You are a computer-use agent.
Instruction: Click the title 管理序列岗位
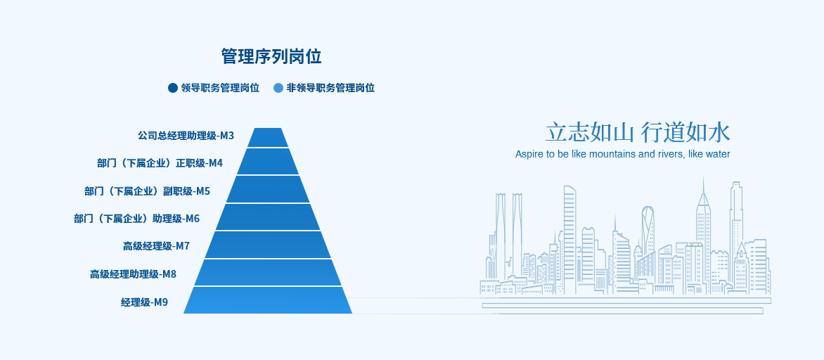coord(271,56)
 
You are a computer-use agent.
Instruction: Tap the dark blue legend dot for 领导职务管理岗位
coord(173,88)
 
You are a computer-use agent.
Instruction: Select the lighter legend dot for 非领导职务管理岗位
coord(278,88)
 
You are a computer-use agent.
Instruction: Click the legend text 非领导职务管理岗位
coord(330,88)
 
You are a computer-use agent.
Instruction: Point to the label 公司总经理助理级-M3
coord(186,136)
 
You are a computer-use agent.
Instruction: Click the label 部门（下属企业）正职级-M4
coord(160,163)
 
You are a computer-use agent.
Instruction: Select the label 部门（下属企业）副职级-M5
coord(147,191)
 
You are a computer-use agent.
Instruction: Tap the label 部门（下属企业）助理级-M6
coord(136,218)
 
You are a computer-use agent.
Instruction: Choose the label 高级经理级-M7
coord(157,246)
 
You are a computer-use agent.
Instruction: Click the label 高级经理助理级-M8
coord(133,274)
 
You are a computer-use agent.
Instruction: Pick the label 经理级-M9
coord(145,302)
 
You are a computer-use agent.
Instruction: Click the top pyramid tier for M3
coord(268,138)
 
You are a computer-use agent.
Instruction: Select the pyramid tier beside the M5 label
coord(268,189)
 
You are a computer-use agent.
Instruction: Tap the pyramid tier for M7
coord(268,245)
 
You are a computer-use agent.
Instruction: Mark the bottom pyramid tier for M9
coord(268,301)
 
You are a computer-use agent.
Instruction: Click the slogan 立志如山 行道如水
coord(638,132)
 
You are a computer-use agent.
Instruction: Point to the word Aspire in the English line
coord(527,155)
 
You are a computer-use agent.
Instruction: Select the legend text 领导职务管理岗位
coord(220,88)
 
